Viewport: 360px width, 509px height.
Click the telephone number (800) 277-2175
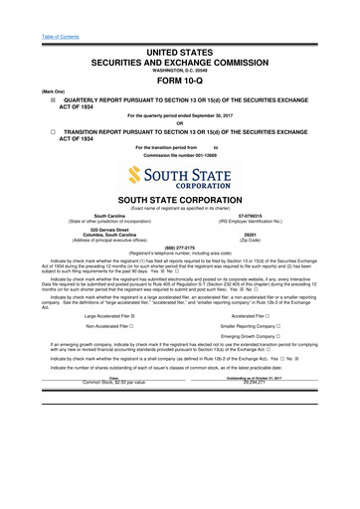(180, 249)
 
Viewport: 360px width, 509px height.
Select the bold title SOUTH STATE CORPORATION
(180, 199)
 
